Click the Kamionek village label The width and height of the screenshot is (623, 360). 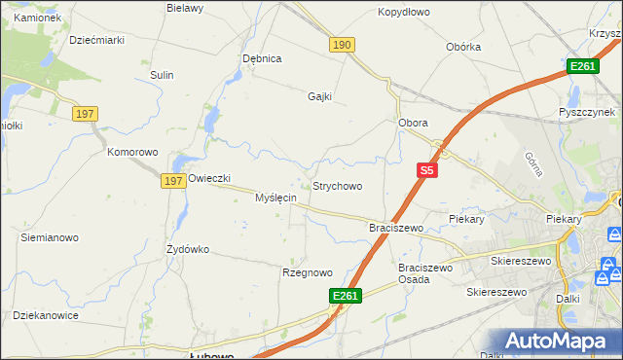tap(37, 18)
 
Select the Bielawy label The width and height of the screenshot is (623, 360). tap(184, 8)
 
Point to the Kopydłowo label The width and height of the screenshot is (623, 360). tap(404, 14)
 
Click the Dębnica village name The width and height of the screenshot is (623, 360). tap(262, 58)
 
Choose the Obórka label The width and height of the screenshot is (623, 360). tap(463, 47)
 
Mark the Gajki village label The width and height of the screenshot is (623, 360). tap(320, 96)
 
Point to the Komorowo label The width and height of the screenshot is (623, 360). tap(132, 153)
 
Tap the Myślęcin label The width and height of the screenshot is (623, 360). tap(275, 198)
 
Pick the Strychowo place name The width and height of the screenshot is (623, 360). tap(337, 186)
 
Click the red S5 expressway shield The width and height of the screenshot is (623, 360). tap(426, 169)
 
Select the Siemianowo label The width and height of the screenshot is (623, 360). tap(50, 237)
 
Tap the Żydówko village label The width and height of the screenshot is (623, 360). tap(188, 249)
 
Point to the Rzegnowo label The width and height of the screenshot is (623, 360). tap(308, 272)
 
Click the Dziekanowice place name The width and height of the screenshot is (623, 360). tap(46, 315)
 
